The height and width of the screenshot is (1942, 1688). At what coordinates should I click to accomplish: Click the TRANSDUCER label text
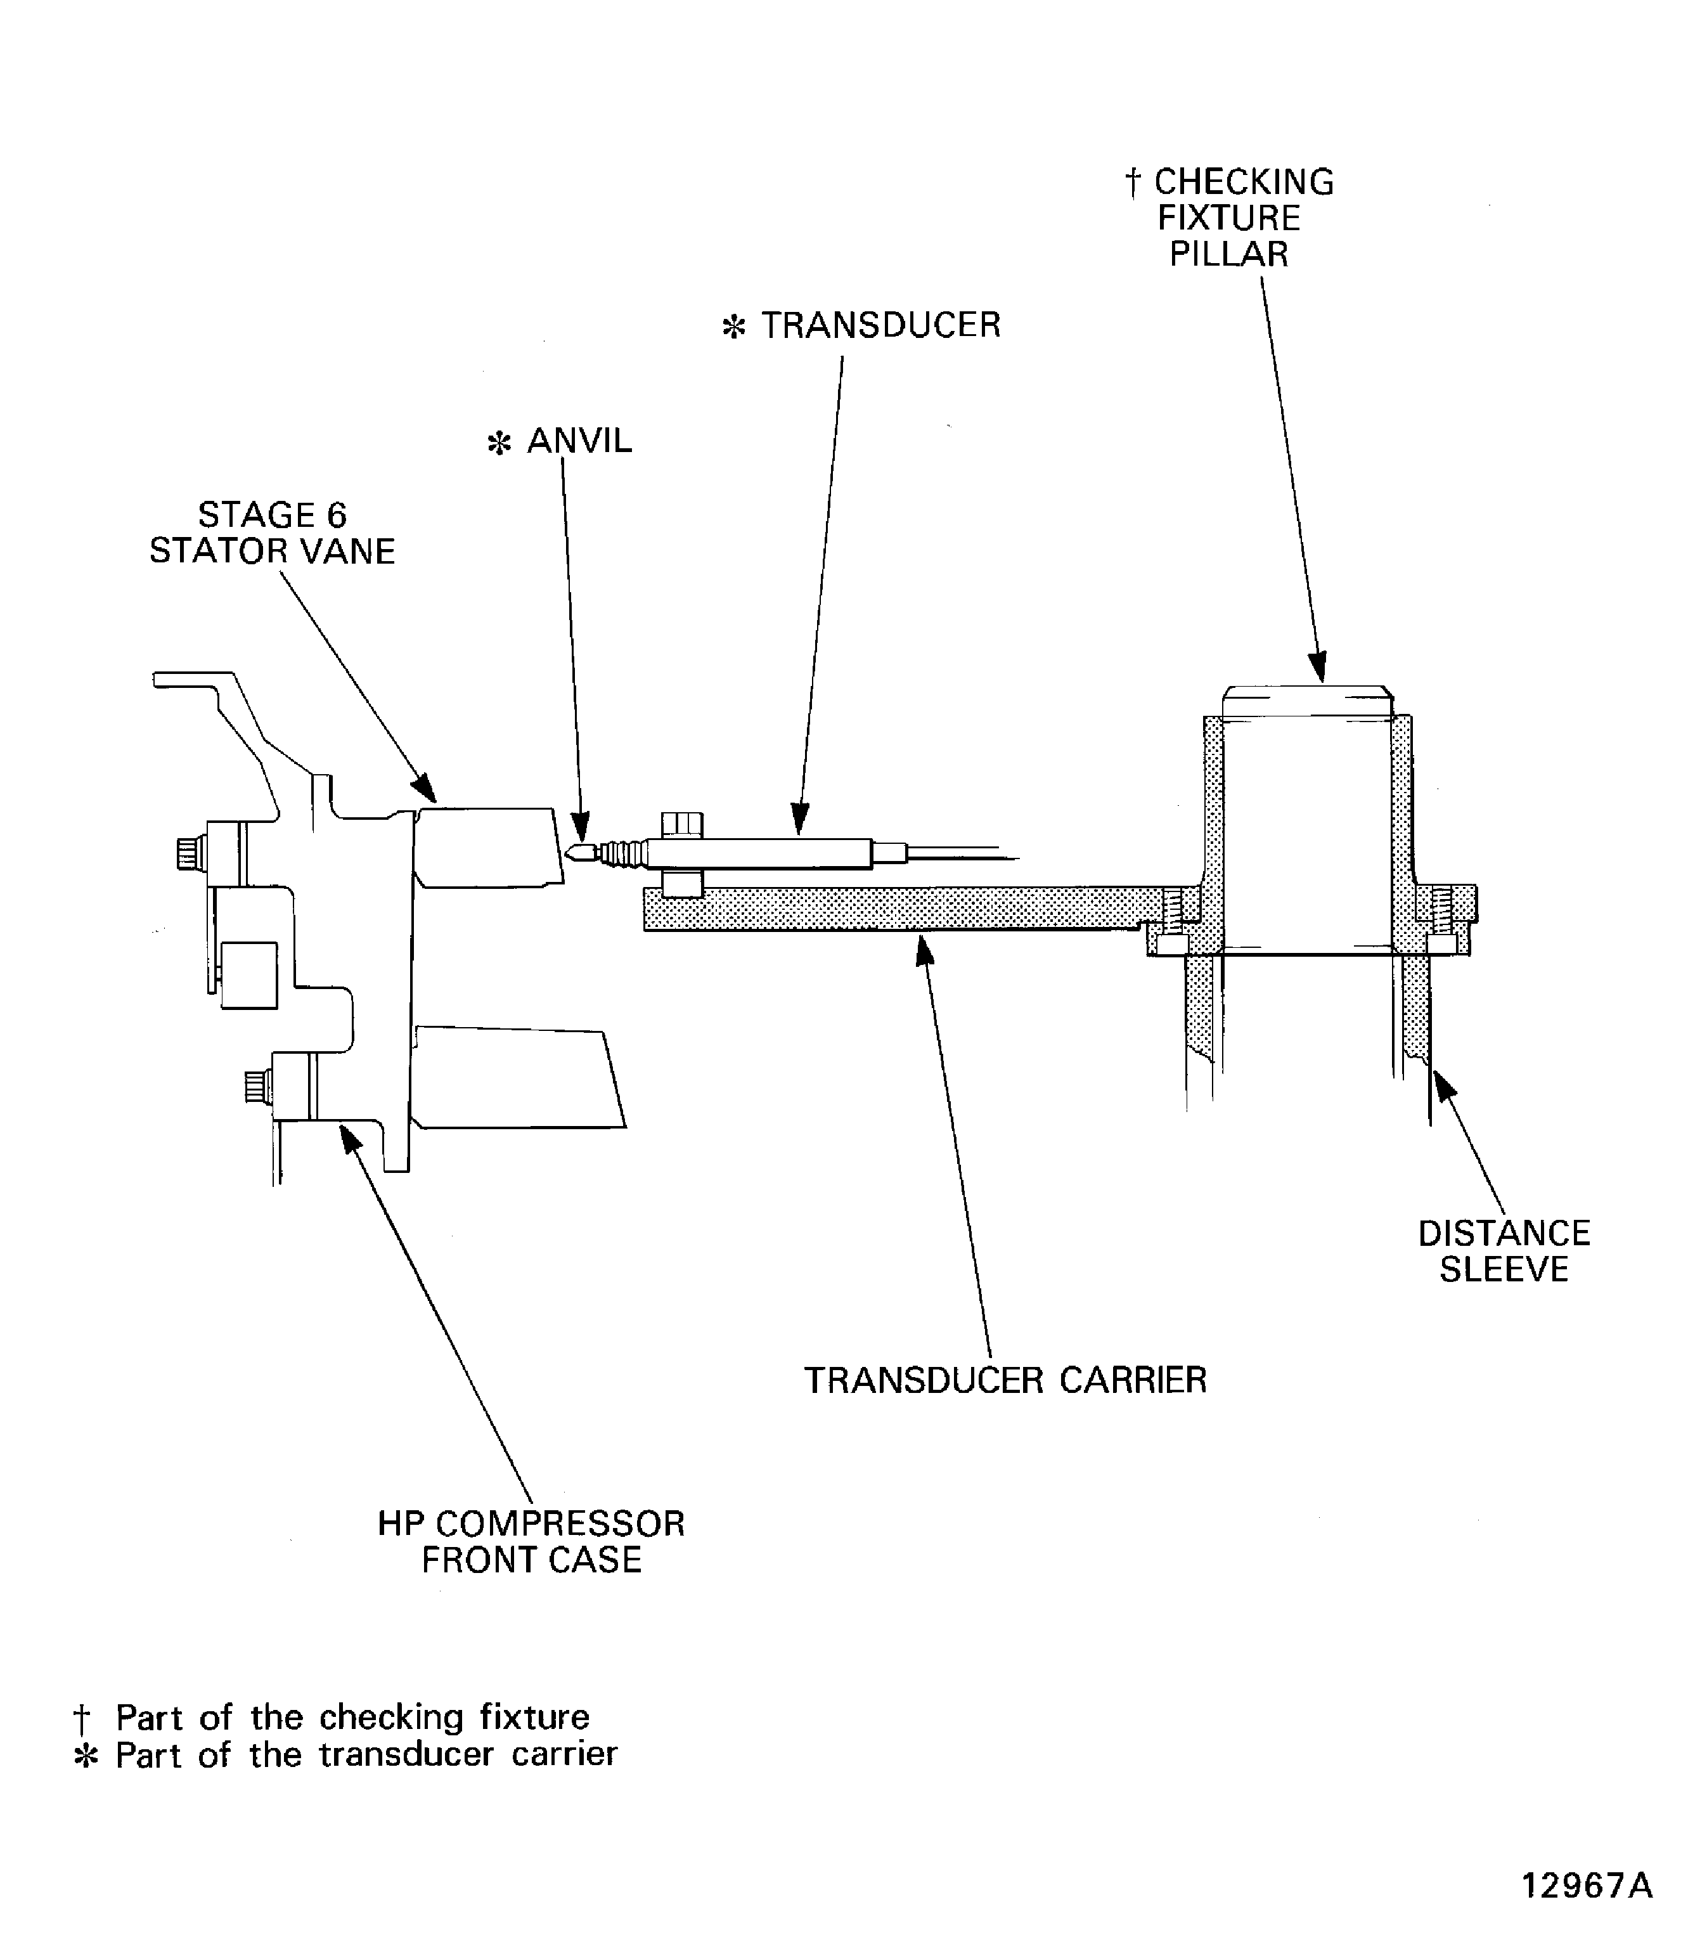(x=880, y=325)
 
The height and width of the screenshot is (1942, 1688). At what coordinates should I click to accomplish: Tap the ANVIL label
(x=578, y=441)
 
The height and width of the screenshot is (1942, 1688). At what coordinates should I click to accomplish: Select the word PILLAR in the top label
(x=1228, y=254)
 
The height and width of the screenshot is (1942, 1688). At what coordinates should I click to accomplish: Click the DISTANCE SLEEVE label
(x=1504, y=1252)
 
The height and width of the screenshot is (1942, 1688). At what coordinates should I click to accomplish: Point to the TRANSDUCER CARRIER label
(x=1004, y=1380)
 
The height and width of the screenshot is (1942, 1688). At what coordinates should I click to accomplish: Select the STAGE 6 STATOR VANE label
(x=272, y=533)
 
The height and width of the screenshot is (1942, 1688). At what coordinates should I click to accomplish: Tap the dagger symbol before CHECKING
(x=1133, y=183)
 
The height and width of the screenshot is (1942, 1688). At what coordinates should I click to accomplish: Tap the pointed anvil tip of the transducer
(x=576, y=853)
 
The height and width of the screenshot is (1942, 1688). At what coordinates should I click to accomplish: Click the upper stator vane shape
(x=488, y=846)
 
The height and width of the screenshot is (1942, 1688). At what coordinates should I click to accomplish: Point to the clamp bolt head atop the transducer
(x=682, y=824)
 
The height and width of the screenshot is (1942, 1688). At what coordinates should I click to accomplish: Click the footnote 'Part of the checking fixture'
(x=351, y=1717)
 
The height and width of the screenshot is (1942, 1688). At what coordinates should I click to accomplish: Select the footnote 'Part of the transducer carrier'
(x=366, y=1754)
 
